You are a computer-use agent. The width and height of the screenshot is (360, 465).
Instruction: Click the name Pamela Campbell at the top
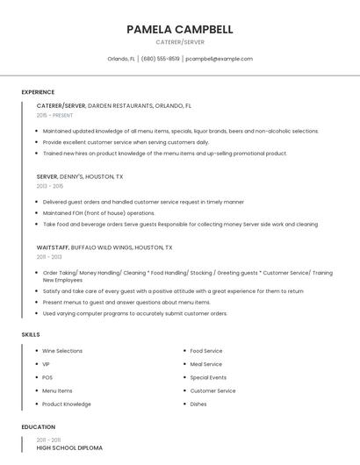179,29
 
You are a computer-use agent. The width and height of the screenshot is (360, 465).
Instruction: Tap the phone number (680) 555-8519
160,59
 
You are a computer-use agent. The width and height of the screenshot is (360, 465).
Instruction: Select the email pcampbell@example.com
220,59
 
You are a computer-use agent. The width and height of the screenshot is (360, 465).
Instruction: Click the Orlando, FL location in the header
121,59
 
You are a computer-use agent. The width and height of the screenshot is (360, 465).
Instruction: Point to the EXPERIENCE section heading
38,92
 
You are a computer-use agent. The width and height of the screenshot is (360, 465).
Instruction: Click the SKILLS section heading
31,334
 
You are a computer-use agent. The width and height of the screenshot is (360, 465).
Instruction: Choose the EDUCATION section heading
38,427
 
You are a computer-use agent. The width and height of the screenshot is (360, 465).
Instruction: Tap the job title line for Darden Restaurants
114,105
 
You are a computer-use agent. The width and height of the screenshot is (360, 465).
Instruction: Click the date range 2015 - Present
54,115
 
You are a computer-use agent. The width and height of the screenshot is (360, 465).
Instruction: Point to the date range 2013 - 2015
50,186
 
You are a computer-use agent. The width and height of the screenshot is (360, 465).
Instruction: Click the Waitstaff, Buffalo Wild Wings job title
104,247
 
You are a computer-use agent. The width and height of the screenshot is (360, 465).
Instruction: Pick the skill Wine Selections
62,351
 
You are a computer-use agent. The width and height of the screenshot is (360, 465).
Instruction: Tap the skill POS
47,377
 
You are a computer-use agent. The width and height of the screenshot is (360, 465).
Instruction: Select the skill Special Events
208,377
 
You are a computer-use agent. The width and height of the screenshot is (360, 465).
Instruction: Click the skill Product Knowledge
67,404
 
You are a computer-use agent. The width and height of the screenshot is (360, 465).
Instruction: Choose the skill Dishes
198,404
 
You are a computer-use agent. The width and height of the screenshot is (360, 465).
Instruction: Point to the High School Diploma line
69,448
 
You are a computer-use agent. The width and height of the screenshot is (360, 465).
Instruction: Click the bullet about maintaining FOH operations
98,213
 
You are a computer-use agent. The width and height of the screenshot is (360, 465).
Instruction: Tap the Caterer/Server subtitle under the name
179,42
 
